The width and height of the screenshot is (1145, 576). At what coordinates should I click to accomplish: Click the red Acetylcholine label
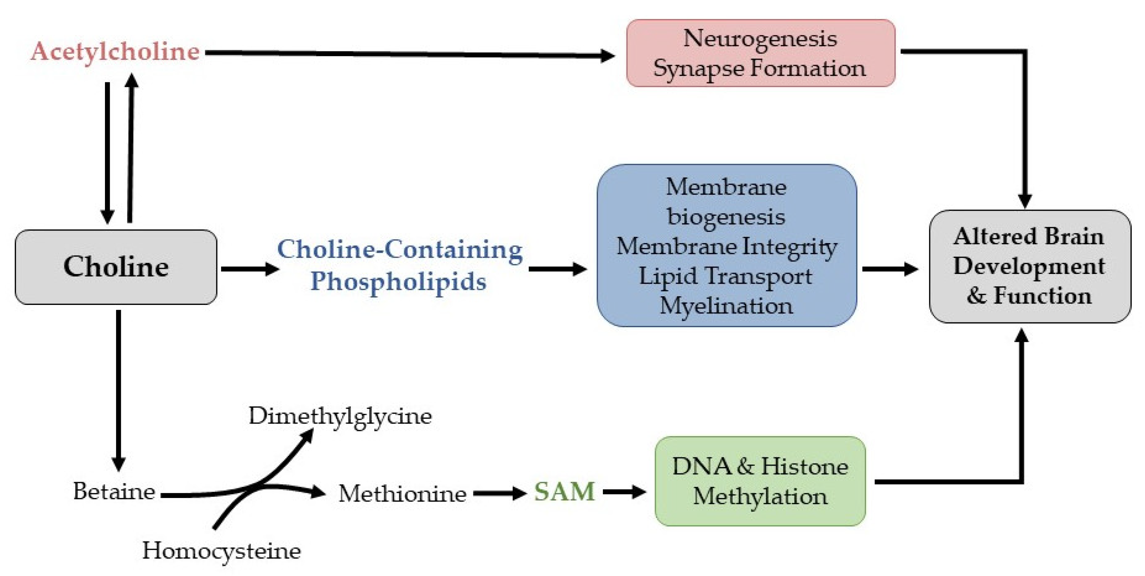click(115, 51)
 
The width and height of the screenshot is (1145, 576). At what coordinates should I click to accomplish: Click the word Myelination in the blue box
click(726, 306)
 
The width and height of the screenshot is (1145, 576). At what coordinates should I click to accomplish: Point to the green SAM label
click(564, 492)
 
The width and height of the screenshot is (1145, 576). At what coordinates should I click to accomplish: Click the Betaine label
click(114, 492)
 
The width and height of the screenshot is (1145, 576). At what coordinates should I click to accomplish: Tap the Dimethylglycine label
click(340, 416)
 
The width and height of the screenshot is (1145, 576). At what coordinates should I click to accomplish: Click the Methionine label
click(402, 493)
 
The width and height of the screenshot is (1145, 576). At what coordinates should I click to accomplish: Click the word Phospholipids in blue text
click(398, 281)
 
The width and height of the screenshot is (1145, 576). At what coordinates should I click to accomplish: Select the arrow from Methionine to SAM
click(499, 493)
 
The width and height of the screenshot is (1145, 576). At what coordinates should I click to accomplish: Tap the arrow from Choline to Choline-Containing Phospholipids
click(249, 269)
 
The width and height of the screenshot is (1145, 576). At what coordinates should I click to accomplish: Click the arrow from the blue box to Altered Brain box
click(889, 269)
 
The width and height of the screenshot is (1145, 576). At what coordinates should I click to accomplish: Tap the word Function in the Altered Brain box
click(1042, 296)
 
